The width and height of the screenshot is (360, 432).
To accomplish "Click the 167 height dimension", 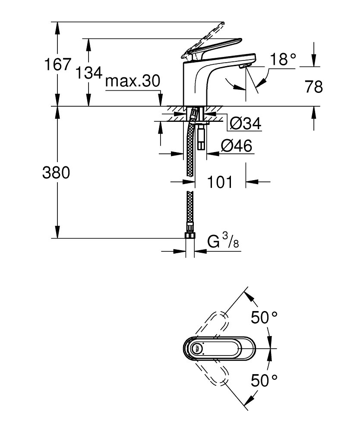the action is [x=58, y=64].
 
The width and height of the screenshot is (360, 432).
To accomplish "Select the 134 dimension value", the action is [x=88, y=73].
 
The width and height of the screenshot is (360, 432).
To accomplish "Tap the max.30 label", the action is [x=133, y=81].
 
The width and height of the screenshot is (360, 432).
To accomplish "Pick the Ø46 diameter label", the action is [x=237, y=146].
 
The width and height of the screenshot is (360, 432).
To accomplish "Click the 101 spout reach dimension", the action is [x=220, y=182].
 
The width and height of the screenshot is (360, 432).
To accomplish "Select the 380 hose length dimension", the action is [x=56, y=173].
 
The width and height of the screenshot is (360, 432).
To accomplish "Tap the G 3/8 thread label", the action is [x=223, y=241].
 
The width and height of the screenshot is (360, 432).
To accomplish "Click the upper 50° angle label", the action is [x=264, y=317].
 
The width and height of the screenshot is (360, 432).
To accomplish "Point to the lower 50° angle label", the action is [x=264, y=381].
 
